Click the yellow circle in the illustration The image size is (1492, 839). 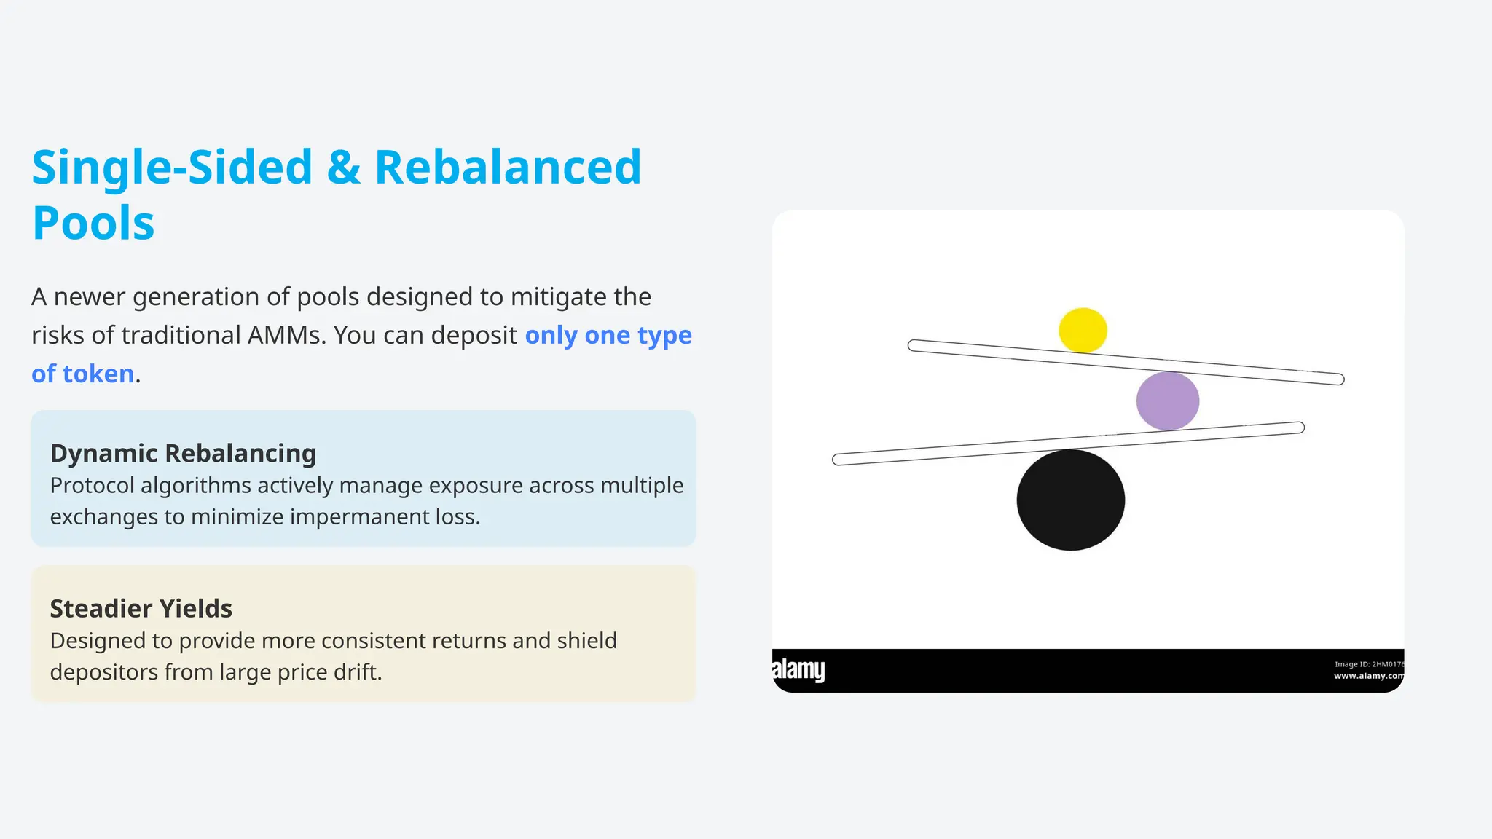click(x=1083, y=330)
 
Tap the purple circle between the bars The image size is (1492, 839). click(x=1167, y=401)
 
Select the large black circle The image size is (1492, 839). click(x=1070, y=500)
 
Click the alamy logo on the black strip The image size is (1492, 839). click(x=798, y=669)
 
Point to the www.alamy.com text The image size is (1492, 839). click(x=1367, y=676)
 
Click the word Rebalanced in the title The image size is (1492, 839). click(x=508, y=168)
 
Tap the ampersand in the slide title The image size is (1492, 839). click(x=343, y=168)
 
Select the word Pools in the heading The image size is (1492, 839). click(x=93, y=223)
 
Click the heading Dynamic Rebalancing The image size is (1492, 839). click(x=183, y=453)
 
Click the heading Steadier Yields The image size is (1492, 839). click(x=141, y=608)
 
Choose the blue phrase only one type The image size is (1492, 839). click(x=608, y=335)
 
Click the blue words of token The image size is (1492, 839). click(x=82, y=374)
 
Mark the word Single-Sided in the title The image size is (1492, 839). click(x=172, y=168)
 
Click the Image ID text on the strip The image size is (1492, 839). click(x=1367, y=664)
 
